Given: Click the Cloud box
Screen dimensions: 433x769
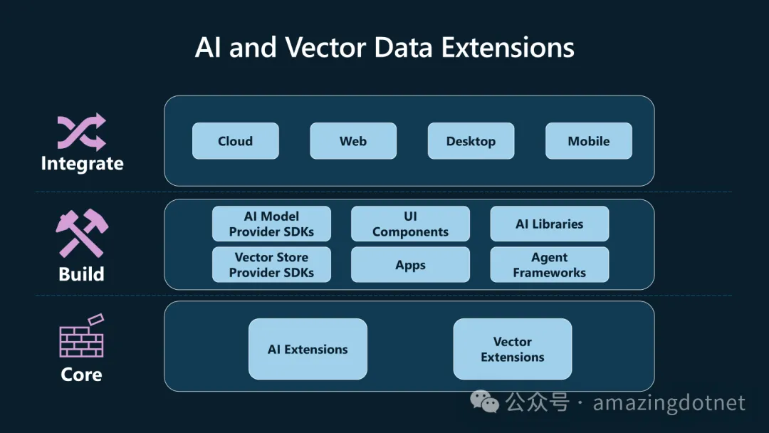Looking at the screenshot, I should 235,141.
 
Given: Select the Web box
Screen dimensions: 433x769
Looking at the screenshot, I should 353,141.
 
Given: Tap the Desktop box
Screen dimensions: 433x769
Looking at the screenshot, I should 471,141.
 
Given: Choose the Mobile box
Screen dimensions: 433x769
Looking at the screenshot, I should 588,141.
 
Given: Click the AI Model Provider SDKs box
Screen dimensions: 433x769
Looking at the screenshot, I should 271,224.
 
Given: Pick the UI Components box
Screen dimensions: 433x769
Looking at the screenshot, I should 410,224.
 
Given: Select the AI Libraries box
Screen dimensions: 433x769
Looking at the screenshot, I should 549,224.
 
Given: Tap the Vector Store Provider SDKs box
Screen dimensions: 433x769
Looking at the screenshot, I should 271,265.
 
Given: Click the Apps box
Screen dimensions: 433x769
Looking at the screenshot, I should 410,265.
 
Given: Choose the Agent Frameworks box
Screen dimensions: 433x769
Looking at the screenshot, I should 549,265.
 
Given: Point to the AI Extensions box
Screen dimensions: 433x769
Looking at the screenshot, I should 308,349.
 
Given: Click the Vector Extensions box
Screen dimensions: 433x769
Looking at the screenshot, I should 512,349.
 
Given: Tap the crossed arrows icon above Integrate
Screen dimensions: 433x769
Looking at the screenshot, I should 81,132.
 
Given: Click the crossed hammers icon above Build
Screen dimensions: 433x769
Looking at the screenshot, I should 81,234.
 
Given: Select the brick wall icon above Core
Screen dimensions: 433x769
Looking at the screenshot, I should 81,336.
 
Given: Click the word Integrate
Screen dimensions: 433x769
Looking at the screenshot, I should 82,164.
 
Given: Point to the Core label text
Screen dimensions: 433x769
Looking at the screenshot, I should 81,375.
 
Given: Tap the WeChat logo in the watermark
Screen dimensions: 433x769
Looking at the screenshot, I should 488,402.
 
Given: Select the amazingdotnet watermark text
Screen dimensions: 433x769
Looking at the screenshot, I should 669,403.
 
